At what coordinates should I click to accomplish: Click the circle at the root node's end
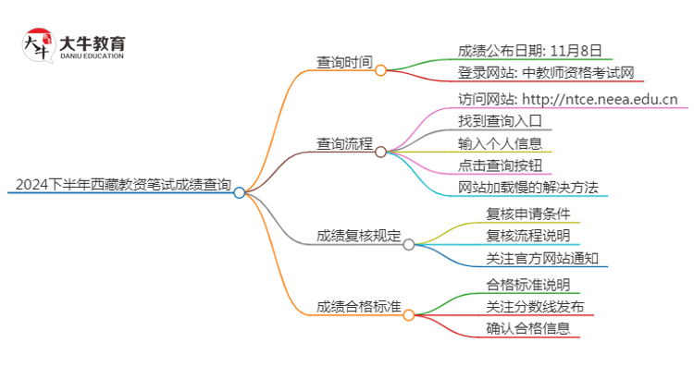(240, 192)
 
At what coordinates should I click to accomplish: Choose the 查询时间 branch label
(344, 63)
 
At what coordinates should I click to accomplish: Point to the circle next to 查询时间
(380, 70)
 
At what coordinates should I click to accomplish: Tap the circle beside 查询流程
(380, 151)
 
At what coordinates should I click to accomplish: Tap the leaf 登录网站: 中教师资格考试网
(546, 73)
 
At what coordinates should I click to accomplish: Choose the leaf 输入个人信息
(500, 143)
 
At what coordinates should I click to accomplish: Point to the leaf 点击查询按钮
(500, 165)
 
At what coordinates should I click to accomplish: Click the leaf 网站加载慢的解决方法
(528, 188)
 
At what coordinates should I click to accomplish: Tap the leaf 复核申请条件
(528, 214)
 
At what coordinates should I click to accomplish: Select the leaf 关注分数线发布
(535, 306)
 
